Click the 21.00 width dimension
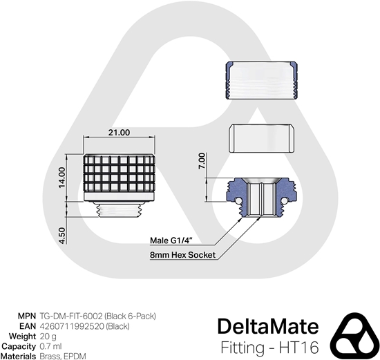(120, 133)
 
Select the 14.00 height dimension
(61, 176)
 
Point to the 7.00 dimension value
(201, 162)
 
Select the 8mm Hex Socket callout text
(182, 255)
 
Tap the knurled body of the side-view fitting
(120, 176)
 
